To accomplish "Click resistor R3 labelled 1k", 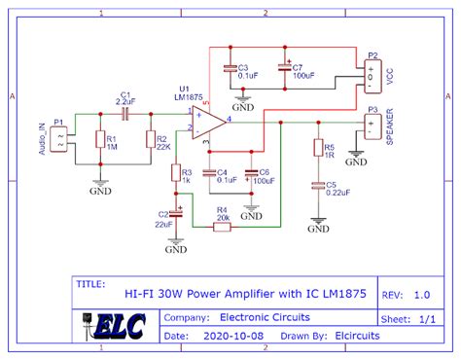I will pyautogui.click(x=175, y=173).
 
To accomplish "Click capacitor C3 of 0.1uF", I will pyautogui.click(x=230, y=68).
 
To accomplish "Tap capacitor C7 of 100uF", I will pyautogui.click(x=284, y=68).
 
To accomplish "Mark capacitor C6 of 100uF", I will pyautogui.click(x=251, y=175).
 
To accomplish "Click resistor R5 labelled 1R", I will pyautogui.click(x=316, y=148).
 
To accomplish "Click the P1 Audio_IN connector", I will pyautogui.click(x=60, y=137).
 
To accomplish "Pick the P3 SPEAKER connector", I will pyautogui.click(x=372, y=126).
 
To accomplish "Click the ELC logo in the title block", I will pyautogui.click(x=114, y=325).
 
